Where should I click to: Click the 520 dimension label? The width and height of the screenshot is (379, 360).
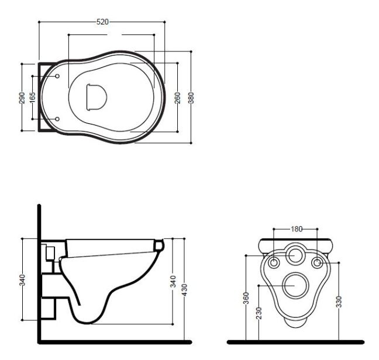[102, 22]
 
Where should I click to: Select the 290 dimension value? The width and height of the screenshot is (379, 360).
[22, 98]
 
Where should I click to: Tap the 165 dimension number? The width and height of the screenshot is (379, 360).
[33, 97]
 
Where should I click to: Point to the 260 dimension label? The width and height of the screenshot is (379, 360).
[178, 98]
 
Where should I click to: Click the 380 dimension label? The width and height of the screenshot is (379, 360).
[191, 98]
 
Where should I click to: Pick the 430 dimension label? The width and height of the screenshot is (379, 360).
[184, 290]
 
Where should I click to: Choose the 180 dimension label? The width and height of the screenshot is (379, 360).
[297, 229]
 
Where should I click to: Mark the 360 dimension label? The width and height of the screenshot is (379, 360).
[246, 298]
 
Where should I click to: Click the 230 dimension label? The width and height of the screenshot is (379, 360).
[259, 313]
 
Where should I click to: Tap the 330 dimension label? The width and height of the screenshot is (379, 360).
[339, 302]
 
